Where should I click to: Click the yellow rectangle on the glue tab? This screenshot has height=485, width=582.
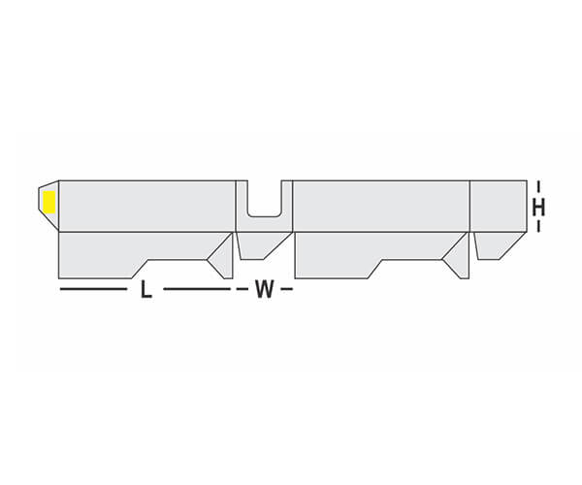[49, 202]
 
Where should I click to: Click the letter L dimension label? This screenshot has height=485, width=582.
[146, 289]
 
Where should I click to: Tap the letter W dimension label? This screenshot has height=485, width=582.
[264, 289]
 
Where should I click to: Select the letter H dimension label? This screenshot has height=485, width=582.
[538, 208]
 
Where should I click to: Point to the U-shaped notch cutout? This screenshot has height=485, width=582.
[265, 199]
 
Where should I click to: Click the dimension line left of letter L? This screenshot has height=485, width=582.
[93, 289]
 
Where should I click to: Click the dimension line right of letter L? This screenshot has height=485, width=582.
[197, 289]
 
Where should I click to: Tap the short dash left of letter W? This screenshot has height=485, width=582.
[242, 289]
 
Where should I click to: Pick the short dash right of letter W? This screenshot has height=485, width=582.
[286, 289]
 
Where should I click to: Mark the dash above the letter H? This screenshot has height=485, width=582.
[538, 187]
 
